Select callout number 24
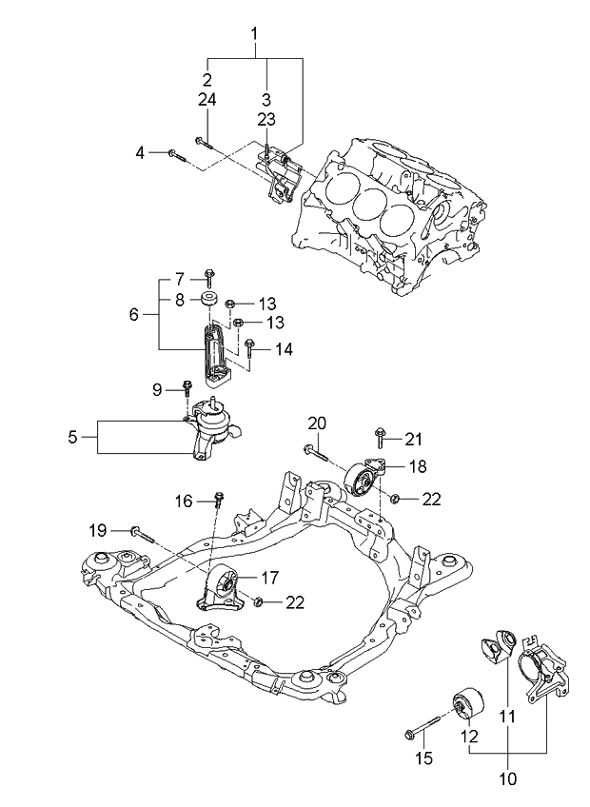[206, 99]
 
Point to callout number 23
[266, 119]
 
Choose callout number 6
[133, 313]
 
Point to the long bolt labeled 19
[143, 533]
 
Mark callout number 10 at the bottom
[507, 778]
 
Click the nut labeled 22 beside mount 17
[259, 601]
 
